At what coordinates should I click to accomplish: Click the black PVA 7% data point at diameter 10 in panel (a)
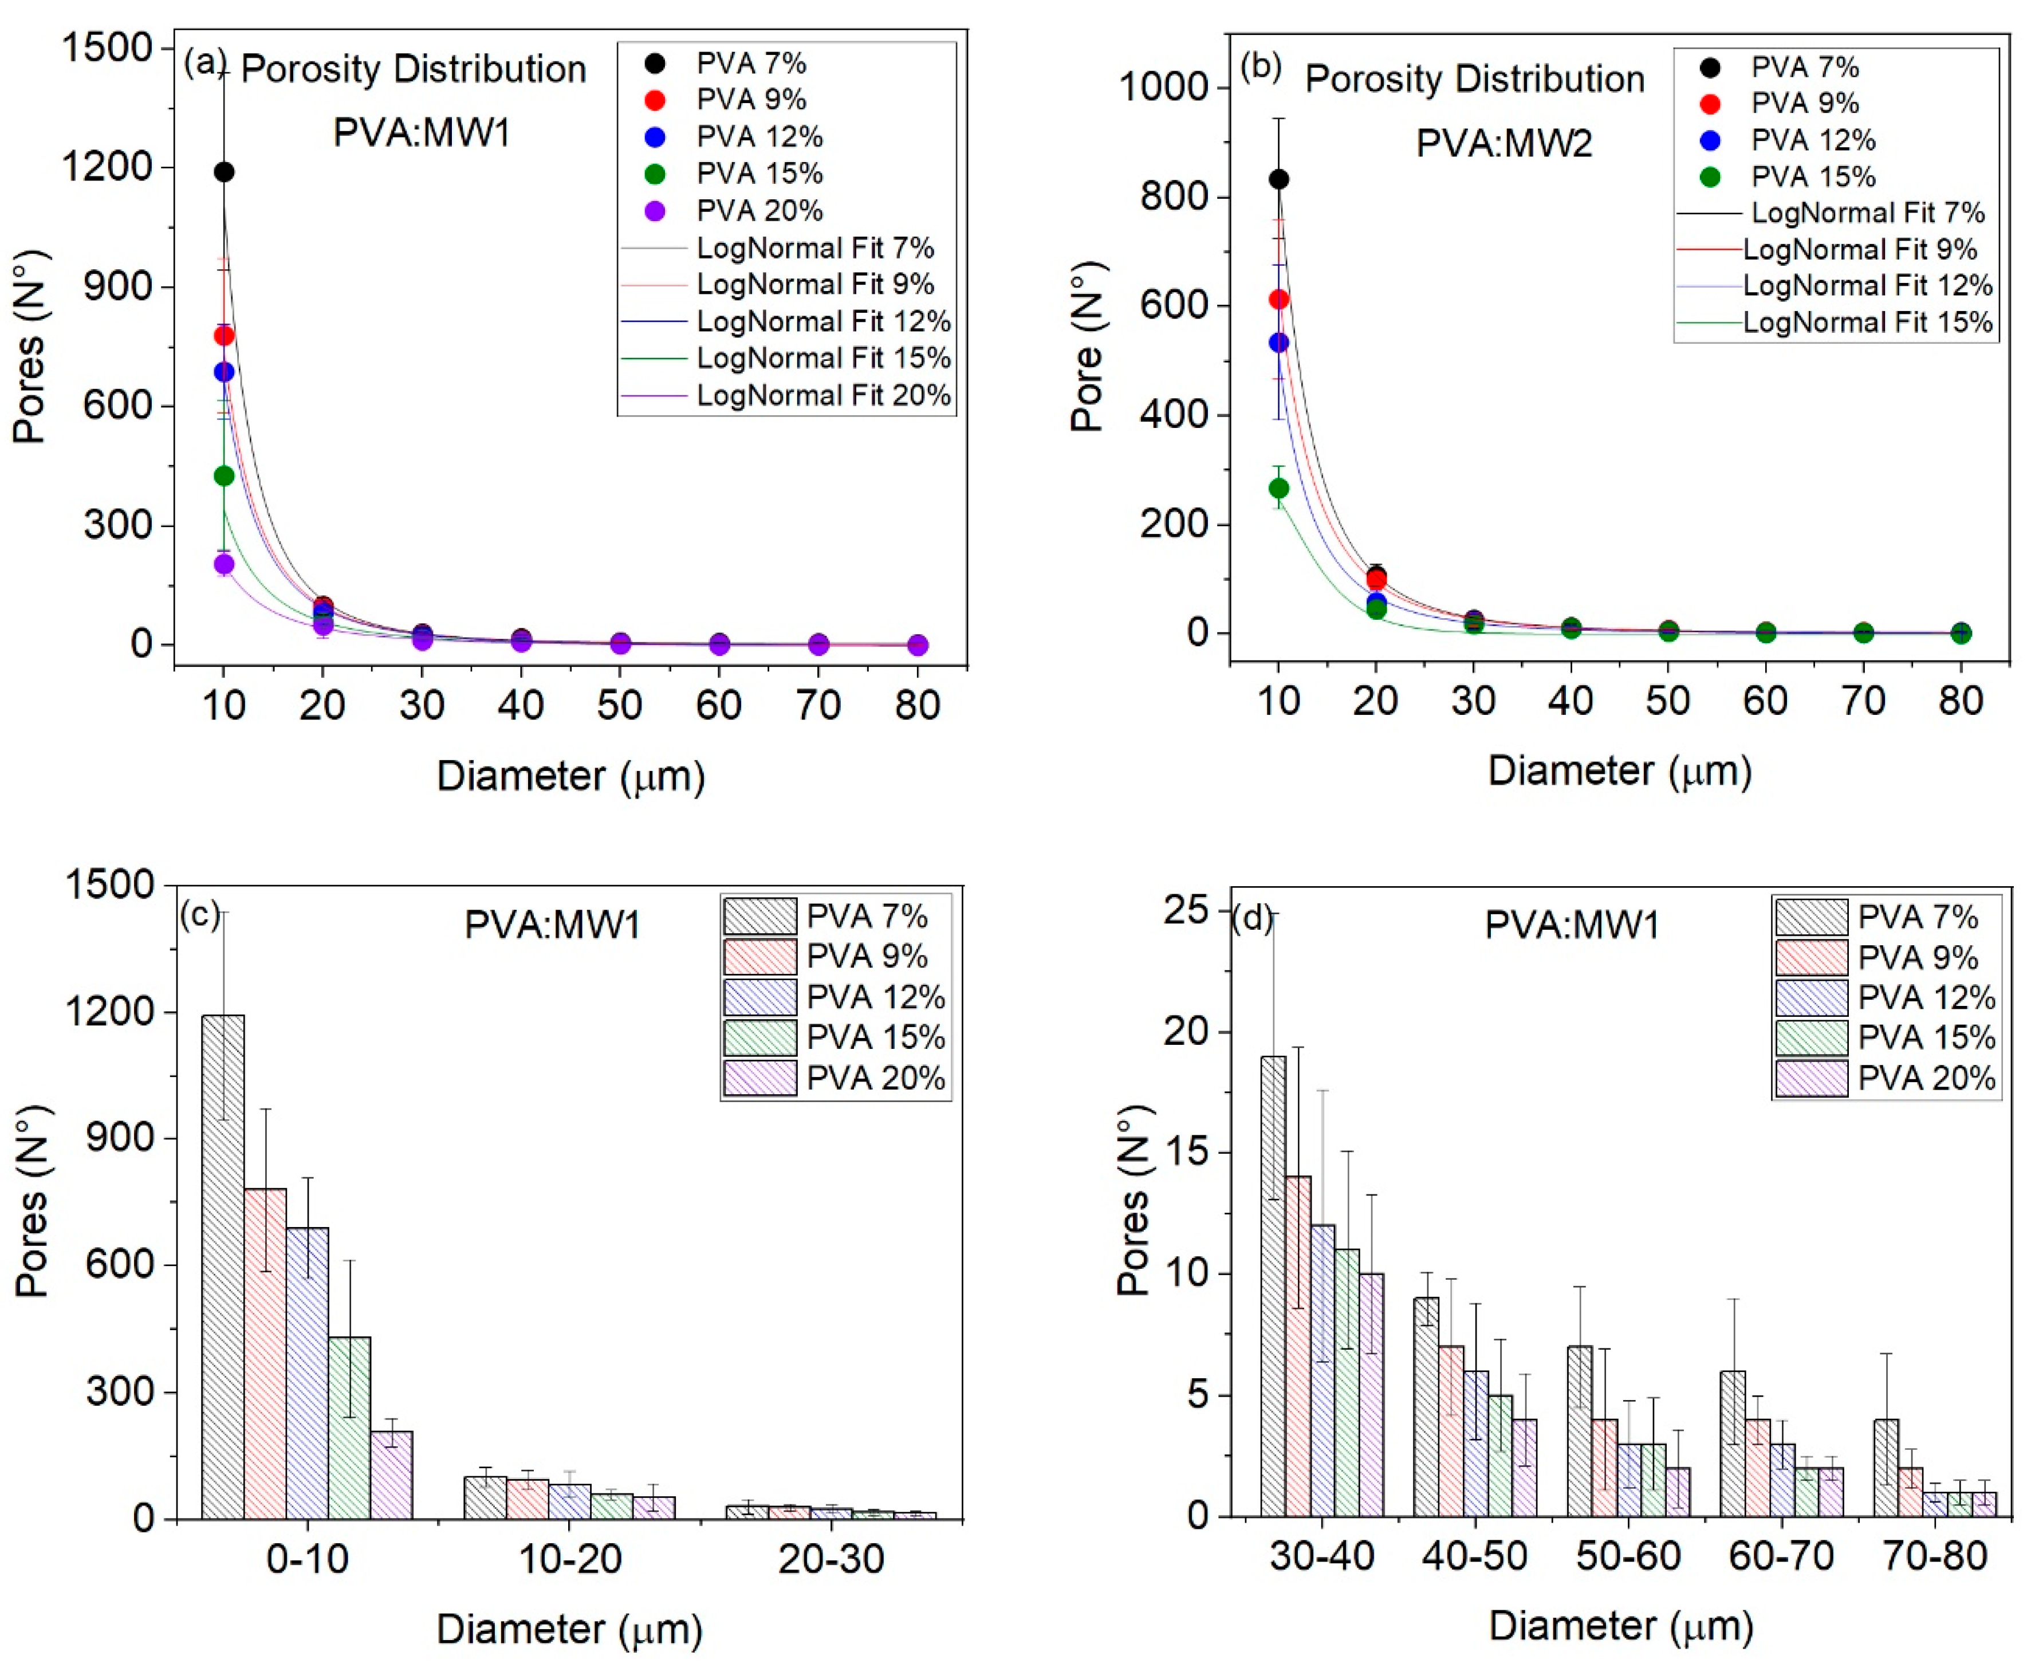(x=223, y=171)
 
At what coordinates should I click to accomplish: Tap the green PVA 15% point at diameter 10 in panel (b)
(x=1278, y=488)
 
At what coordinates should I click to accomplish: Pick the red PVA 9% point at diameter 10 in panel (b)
(x=1278, y=300)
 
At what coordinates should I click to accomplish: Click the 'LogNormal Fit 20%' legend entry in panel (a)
(x=823, y=396)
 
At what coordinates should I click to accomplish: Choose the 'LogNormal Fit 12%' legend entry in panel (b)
(x=1867, y=286)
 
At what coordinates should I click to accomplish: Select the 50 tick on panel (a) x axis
(x=619, y=706)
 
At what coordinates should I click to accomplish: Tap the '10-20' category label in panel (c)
(x=570, y=1558)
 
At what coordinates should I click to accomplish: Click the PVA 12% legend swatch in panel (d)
(x=1810, y=997)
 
